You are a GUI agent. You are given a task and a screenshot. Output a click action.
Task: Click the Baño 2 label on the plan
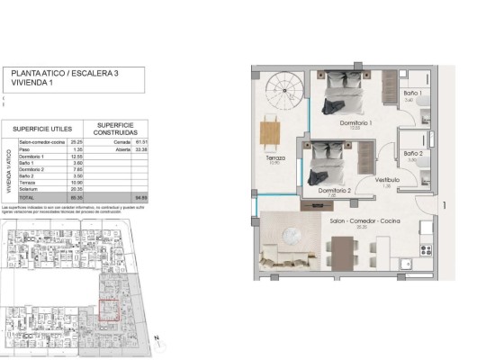click(412, 154)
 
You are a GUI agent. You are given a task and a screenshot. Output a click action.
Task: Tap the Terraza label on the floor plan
click(275, 157)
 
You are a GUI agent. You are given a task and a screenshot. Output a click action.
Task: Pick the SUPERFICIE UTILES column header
click(42, 129)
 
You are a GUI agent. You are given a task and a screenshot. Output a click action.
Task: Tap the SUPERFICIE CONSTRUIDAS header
click(116, 128)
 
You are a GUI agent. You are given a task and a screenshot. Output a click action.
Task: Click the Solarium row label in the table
click(29, 190)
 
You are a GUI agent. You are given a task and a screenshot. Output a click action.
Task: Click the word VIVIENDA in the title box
click(26, 82)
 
